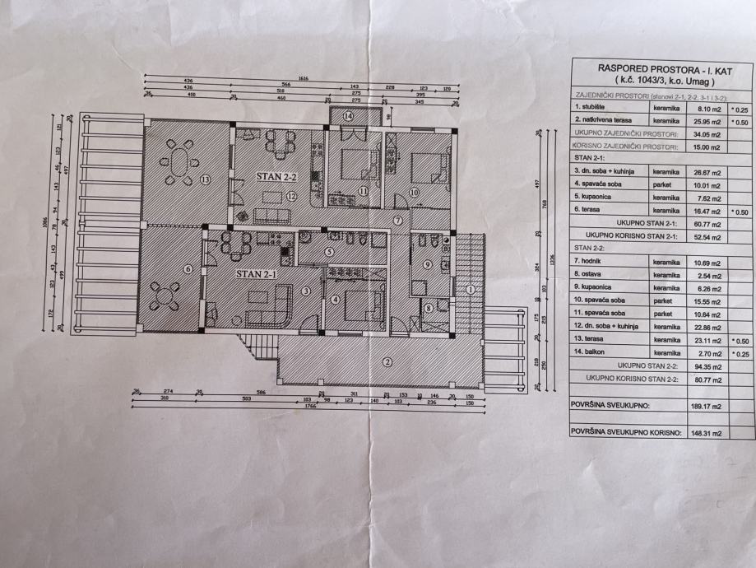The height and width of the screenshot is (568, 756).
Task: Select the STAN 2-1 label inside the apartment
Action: click(254, 273)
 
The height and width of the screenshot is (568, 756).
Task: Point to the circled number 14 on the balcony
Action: click(349, 117)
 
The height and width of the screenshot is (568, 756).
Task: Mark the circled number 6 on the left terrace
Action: click(188, 268)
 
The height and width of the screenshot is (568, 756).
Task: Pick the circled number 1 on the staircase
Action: click(470, 290)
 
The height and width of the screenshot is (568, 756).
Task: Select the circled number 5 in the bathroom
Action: click(328, 252)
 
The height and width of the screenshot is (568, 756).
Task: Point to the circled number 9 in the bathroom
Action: click(428, 264)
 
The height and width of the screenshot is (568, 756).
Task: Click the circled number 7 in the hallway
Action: click(397, 221)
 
